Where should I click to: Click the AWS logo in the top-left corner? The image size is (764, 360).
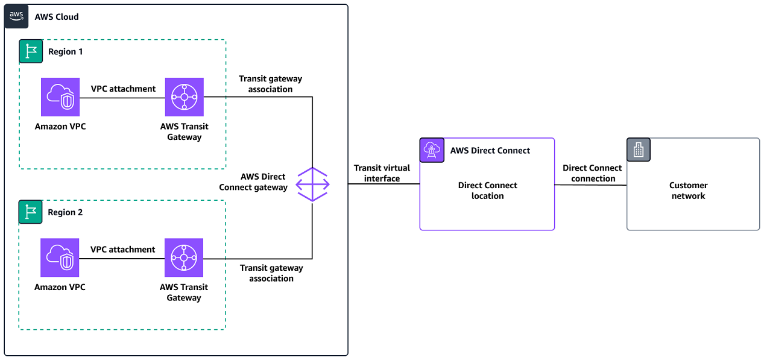[16, 16]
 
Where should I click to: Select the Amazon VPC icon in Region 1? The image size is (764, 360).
[60, 97]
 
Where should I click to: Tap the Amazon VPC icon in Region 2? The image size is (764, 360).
[60, 257]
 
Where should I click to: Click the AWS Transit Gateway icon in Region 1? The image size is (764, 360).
[184, 97]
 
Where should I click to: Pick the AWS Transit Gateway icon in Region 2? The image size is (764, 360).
[184, 257]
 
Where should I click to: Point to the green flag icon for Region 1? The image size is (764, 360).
[31, 52]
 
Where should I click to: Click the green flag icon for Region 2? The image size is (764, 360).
[31, 212]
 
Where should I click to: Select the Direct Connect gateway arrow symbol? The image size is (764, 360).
[312, 185]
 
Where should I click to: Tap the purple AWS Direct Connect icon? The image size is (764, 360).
[432, 150]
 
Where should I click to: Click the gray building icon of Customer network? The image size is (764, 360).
[639, 150]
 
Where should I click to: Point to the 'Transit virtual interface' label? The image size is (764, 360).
[382, 173]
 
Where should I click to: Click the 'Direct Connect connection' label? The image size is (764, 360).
[592, 173]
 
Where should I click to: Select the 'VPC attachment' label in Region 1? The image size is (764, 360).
[123, 89]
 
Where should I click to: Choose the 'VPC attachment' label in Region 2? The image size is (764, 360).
[123, 249]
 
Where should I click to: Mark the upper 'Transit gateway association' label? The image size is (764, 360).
[270, 84]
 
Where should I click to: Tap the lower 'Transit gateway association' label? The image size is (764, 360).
[271, 273]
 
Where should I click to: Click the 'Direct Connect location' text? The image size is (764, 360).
[487, 191]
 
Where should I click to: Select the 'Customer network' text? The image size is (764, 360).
[688, 191]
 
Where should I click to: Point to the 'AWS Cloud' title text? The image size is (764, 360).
[57, 17]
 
